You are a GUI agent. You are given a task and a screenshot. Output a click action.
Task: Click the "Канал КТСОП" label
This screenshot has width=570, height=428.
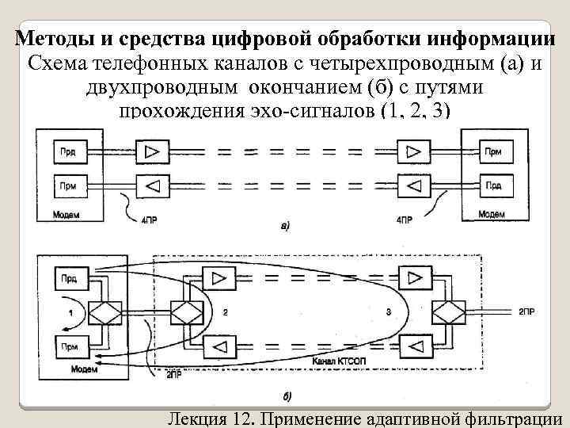point(335,362)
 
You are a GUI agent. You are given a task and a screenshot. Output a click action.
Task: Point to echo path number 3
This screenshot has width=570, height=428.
point(389,312)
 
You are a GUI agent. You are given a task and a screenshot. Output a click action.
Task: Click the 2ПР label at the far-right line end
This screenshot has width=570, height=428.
point(526,311)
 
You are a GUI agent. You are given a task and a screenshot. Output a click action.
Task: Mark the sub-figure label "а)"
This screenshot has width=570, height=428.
point(285,227)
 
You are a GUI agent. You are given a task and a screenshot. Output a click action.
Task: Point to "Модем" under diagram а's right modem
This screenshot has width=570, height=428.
point(492,214)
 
